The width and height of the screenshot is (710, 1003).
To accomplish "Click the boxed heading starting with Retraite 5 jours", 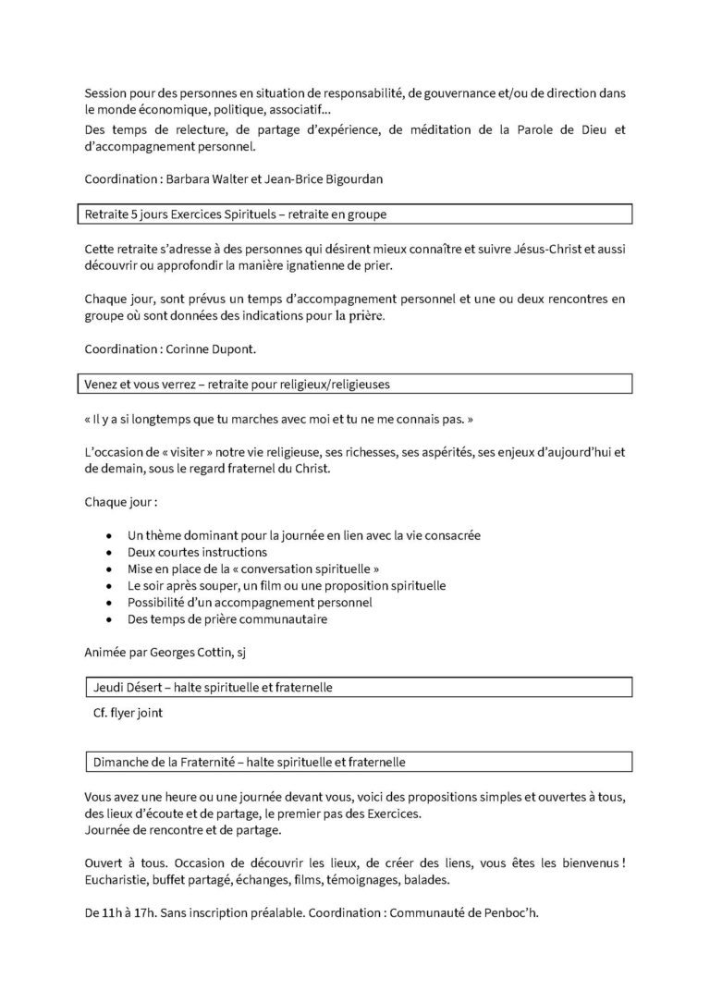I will tap(236, 214).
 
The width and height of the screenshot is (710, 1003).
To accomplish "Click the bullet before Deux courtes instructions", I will tap(111, 553).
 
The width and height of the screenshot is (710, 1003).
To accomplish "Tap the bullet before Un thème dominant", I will tap(111, 536).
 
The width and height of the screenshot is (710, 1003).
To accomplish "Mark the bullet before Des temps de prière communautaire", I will tap(111, 619).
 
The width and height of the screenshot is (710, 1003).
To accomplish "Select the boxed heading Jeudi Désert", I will tap(213, 688).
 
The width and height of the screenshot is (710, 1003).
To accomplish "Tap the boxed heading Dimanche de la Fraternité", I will tap(250, 763).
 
